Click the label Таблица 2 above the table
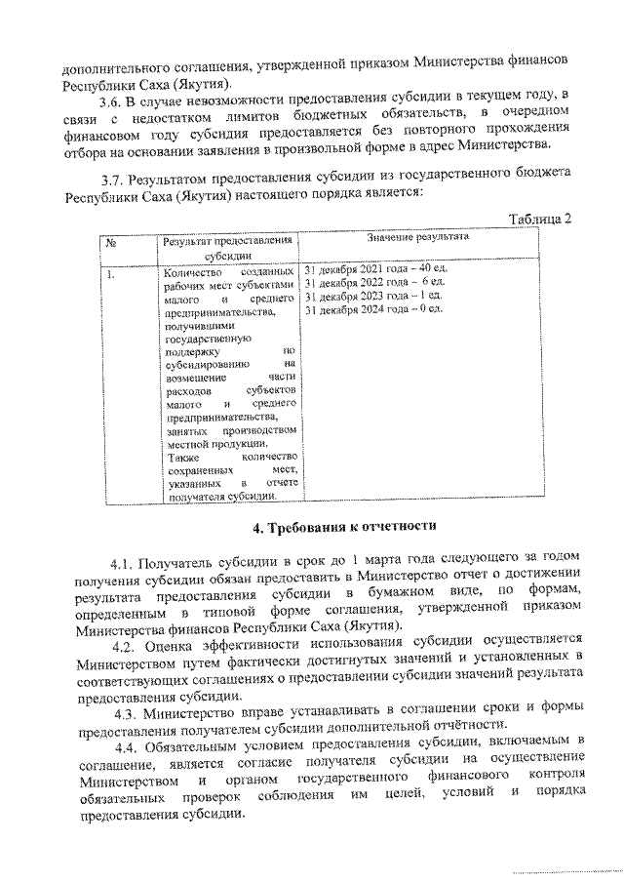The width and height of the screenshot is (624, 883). click(x=538, y=218)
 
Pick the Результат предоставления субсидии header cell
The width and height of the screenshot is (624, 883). click(x=228, y=246)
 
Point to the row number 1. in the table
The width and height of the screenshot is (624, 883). click(x=112, y=274)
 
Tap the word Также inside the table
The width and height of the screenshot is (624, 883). click(x=182, y=457)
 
